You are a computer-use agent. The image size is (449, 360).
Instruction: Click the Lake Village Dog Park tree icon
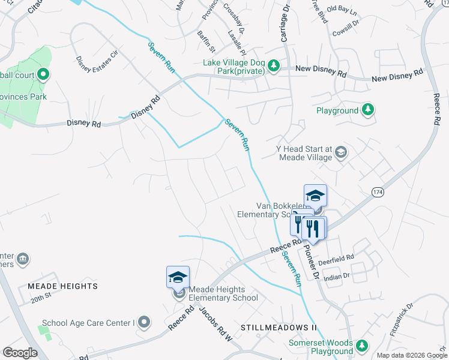click(x=274, y=65)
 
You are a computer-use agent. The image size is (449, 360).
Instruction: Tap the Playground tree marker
click(x=368, y=110)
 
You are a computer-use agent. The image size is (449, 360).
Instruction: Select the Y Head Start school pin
click(x=341, y=152)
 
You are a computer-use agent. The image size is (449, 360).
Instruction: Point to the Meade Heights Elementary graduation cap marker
click(x=178, y=277)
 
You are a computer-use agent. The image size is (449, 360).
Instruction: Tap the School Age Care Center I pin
click(x=143, y=322)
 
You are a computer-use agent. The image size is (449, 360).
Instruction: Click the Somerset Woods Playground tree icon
click(x=361, y=346)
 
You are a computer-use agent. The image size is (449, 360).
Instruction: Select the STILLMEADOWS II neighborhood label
click(x=278, y=328)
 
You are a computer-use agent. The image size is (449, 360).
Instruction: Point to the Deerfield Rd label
click(x=338, y=257)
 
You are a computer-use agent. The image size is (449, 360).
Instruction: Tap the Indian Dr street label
click(x=337, y=276)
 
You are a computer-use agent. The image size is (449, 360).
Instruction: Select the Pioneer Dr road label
click(x=311, y=262)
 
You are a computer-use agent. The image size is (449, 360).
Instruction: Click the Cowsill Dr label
click(x=346, y=28)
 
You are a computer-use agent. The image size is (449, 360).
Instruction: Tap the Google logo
click(x=20, y=352)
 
